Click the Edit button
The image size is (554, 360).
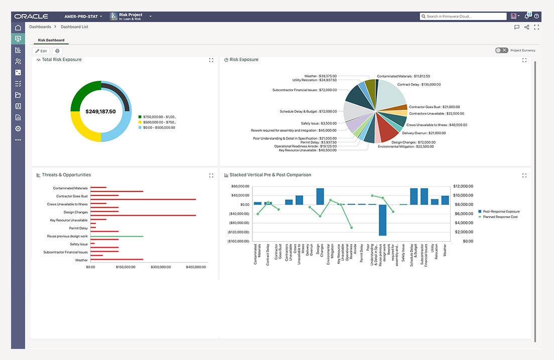(41, 51)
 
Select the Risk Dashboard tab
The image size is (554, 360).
(51, 40)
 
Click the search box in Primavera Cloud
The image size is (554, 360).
(463, 17)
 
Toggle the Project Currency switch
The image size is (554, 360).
(501, 50)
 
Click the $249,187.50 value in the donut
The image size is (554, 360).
(100, 111)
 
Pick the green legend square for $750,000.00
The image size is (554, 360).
(140, 117)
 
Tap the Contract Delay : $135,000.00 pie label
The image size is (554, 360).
(419, 85)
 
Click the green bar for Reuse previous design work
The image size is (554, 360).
(116, 236)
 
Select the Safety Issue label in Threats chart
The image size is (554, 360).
(79, 244)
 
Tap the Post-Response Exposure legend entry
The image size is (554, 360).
(501, 212)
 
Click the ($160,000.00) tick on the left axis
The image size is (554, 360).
(239, 241)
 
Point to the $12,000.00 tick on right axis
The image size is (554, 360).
(462, 186)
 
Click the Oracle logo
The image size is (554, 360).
(31, 17)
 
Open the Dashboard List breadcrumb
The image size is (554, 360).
(74, 27)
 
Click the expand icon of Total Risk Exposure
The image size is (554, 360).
(211, 60)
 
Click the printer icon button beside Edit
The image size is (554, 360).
(57, 51)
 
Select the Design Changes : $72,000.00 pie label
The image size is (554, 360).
(413, 142)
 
